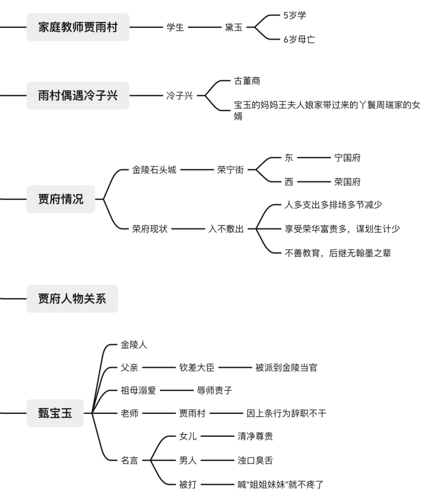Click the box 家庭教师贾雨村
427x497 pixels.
pos(78,27)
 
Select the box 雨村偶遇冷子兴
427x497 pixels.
pos(78,96)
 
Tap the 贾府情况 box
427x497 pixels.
pos(61,199)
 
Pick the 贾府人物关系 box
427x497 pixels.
pos(72,299)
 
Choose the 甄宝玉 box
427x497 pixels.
pos(55,413)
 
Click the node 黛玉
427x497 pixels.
pos(234,27)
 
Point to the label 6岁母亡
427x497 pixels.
pos(299,40)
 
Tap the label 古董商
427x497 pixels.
pos(247,81)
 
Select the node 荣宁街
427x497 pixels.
pos(231,170)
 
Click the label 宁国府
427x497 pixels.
pos(347,158)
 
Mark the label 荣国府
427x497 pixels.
pos(347,182)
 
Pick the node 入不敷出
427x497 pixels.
pos(226,229)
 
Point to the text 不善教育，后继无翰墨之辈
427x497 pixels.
pos(338,253)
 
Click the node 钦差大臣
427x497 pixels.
pos(197,367)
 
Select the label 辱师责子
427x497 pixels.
pos(215,390)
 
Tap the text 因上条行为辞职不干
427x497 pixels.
pos(286,413)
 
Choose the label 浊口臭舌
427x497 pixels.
pos(255,461)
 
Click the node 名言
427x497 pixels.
pos(129,461)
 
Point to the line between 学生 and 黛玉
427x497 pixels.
pos(204,27)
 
